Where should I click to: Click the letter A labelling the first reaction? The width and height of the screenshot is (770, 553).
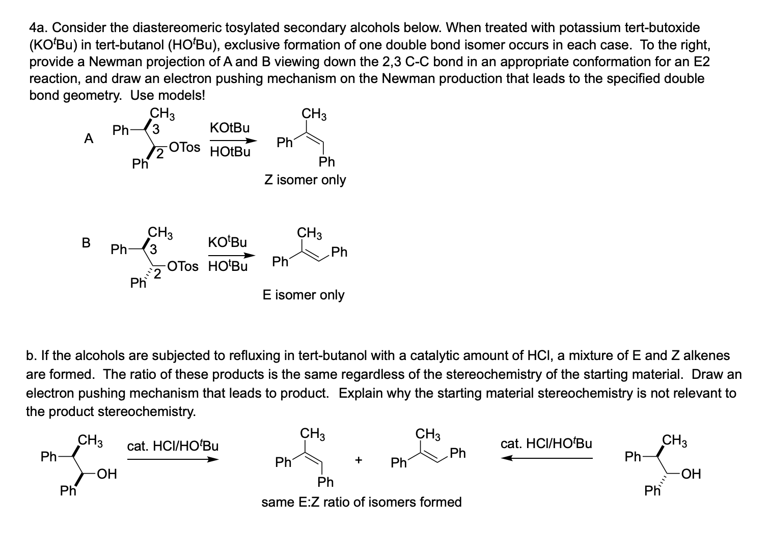[x=89, y=139]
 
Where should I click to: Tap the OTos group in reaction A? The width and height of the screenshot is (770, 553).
[x=185, y=147]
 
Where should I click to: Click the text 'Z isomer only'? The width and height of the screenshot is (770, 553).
[x=305, y=180]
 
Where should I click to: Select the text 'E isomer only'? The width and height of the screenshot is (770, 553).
[x=304, y=295]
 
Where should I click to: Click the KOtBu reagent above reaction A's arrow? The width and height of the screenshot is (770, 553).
[x=229, y=127]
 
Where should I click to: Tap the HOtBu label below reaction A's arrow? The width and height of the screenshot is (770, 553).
[x=230, y=152]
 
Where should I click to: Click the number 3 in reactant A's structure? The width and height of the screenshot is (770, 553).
[x=156, y=129]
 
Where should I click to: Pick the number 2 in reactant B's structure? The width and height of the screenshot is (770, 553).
[x=158, y=275]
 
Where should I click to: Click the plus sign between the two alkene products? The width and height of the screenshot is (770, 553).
[x=359, y=460]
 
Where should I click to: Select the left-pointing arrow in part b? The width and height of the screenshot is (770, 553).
[x=547, y=458]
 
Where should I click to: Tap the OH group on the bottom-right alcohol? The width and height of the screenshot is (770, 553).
[x=691, y=474]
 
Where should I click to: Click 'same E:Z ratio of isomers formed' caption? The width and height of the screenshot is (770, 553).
[x=362, y=502]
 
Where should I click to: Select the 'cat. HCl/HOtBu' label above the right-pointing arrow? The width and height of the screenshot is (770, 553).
[x=173, y=446]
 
